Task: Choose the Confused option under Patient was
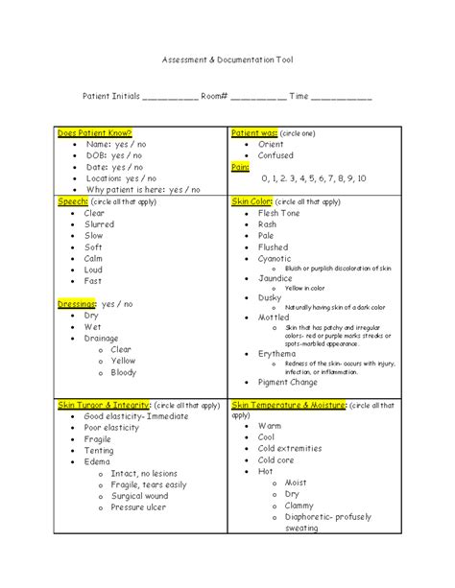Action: pyautogui.click(x=276, y=154)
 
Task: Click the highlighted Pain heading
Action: pyautogui.click(x=240, y=166)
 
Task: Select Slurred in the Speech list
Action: pyautogui.click(x=99, y=224)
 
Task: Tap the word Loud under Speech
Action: pyautogui.click(x=94, y=270)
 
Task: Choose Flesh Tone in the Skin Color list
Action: pyautogui.click(x=280, y=213)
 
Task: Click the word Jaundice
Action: pyautogui.click(x=276, y=278)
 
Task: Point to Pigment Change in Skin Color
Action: pyautogui.click(x=287, y=381)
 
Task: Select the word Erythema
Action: pyautogui.click(x=278, y=353)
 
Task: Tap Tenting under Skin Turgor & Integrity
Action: pyautogui.click(x=99, y=451)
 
